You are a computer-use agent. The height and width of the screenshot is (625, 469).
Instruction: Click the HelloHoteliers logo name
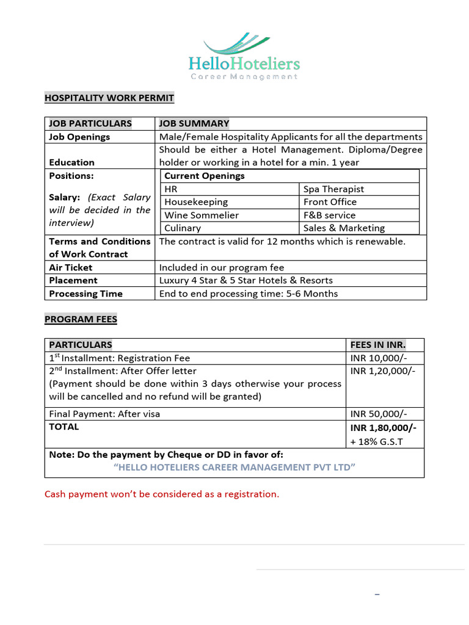click(x=244, y=63)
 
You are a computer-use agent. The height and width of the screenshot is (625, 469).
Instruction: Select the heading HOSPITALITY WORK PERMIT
click(x=109, y=98)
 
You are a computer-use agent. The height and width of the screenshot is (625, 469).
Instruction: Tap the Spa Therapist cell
click(x=333, y=189)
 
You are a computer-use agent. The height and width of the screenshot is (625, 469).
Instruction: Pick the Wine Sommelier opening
click(x=202, y=215)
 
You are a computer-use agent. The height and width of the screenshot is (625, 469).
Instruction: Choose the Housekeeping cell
click(x=196, y=202)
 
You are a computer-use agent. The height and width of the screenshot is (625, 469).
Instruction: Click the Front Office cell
click(x=330, y=202)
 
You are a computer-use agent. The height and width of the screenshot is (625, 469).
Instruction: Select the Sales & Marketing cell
click(x=344, y=228)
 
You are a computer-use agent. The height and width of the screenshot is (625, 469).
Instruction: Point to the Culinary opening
click(x=183, y=228)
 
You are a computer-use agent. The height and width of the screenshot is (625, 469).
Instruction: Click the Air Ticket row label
click(x=70, y=267)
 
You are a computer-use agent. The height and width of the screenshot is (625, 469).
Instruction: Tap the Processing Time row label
click(x=85, y=294)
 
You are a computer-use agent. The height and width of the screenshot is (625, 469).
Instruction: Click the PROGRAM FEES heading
click(x=81, y=319)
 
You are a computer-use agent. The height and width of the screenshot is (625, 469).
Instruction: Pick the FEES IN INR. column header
click(x=378, y=345)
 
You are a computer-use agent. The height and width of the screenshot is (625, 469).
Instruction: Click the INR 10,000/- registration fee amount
click(x=379, y=358)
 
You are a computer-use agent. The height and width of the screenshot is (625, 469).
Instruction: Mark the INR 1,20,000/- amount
click(x=383, y=371)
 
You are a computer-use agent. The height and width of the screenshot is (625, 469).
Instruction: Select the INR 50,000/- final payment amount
click(x=379, y=414)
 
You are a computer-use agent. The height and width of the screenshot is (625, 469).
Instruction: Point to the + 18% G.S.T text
click(x=376, y=441)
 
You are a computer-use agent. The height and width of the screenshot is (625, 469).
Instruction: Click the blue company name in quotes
click(x=234, y=467)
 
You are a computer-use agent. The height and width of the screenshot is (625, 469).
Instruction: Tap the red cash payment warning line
click(x=162, y=494)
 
